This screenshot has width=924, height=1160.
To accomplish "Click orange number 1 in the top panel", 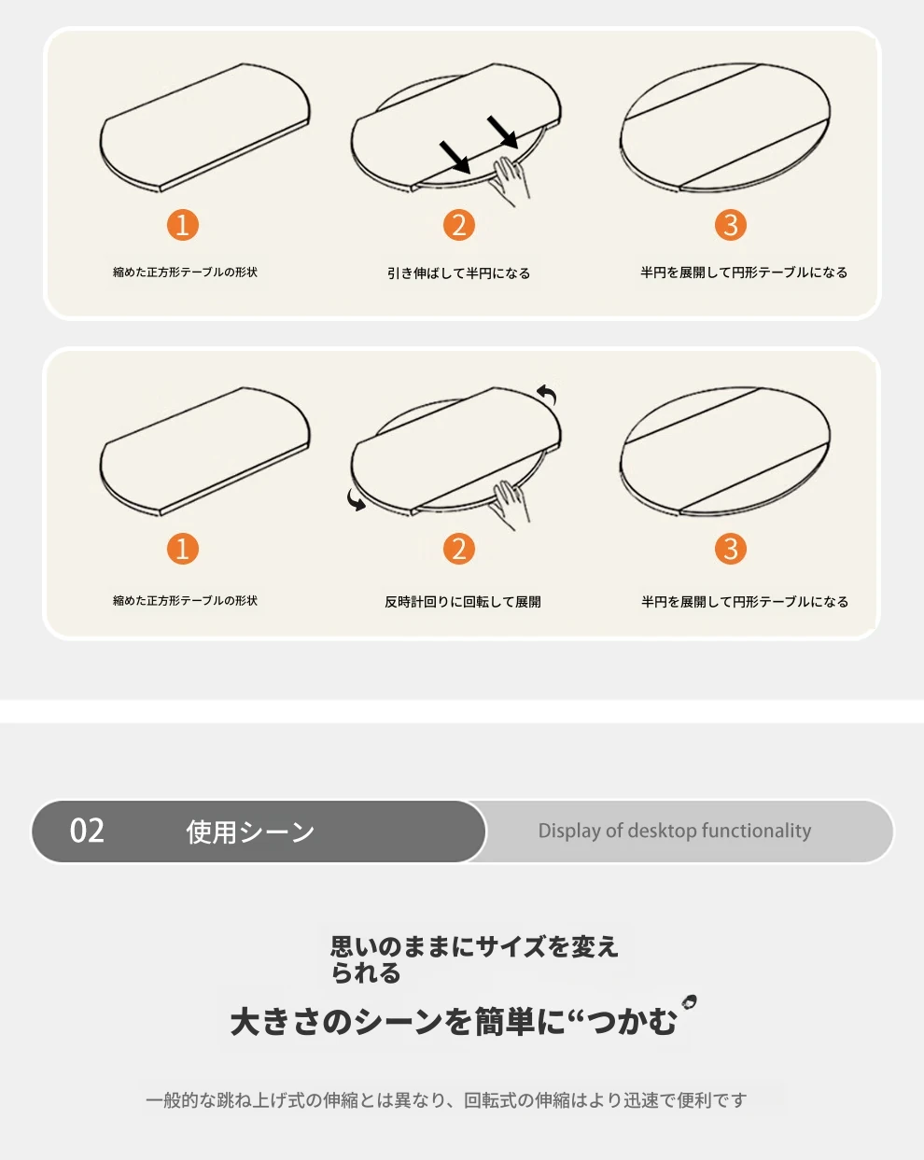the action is tap(183, 225).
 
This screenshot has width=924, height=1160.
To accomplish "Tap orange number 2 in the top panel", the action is tap(459, 225).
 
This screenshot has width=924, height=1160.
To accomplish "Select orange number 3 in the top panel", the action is tap(731, 225).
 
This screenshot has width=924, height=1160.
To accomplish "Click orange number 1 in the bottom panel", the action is tap(183, 549).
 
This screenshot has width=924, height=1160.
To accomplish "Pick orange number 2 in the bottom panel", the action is tap(459, 549).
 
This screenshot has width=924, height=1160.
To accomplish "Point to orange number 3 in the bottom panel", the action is tap(731, 549).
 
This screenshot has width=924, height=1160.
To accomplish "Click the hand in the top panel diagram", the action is tap(510, 180).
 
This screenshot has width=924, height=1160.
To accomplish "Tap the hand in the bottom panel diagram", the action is tap(510, 505).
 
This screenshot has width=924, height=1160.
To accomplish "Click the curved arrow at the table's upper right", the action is tap(547, 393).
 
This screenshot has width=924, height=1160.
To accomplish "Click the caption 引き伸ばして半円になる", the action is tap(459, 273).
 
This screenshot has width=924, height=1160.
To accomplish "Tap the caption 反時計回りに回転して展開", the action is tap(463, 602).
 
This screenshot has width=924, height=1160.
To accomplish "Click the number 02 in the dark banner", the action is tap(87, 831).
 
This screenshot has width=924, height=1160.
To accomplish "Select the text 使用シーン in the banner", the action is tap(250, 832).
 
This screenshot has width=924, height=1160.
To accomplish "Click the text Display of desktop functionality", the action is tap(675, 831).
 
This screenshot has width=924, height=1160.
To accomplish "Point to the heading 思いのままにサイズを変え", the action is tap(474, 947).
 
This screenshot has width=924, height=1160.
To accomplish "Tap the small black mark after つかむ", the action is tap(689, 1001).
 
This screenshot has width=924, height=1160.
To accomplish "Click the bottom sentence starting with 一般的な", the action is tap(446, 1099).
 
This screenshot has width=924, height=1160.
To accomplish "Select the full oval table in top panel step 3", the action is tap(725, 127).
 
